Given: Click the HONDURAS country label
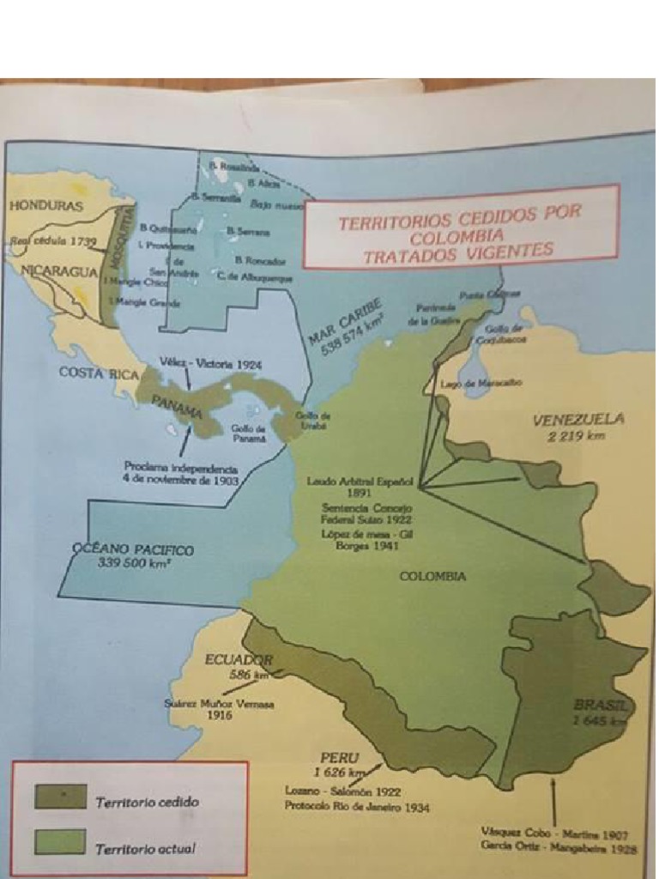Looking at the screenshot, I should point(46,206).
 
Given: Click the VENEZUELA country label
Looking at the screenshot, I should point(578,420).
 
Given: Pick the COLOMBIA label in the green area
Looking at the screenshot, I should point(432,576).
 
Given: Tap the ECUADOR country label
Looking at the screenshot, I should point(239,659).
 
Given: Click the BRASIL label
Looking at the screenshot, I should point(603,706).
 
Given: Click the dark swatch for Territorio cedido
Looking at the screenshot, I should point(60,796).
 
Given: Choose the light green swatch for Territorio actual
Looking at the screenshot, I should point(60,842).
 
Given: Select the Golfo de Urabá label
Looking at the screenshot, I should point(313,420).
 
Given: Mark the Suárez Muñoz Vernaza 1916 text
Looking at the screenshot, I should point(219,709).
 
